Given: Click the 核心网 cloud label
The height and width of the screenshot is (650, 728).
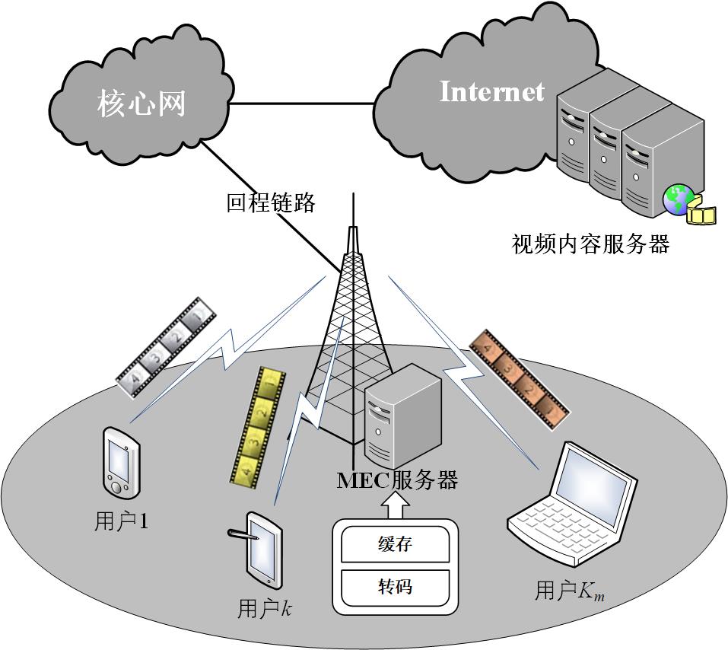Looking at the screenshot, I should click(x=141, y=104).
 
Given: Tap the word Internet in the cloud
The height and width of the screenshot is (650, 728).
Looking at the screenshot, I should click(x=492, y=92).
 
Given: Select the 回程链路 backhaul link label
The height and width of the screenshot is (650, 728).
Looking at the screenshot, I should click(x=271, y=203).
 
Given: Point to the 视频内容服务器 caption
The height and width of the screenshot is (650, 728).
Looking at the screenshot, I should click(x=590, y=244).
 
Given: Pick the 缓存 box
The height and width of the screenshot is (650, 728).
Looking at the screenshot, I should click(x=395, y=546).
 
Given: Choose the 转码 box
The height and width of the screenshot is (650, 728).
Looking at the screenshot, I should click(x=395, y=587).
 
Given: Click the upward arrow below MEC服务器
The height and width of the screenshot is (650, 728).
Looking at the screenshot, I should click(x=394, y=505).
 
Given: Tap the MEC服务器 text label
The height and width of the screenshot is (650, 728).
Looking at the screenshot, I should click(x=397, y=480).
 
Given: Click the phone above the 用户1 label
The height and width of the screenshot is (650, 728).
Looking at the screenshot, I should click(x=120, y=460).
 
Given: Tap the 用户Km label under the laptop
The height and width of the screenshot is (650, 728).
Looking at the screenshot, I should click(x=570, y=591).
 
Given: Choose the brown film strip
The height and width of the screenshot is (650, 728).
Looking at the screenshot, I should click(x=520, y=378).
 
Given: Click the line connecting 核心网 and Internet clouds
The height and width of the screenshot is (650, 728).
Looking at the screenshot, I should click(x=304, y=100).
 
